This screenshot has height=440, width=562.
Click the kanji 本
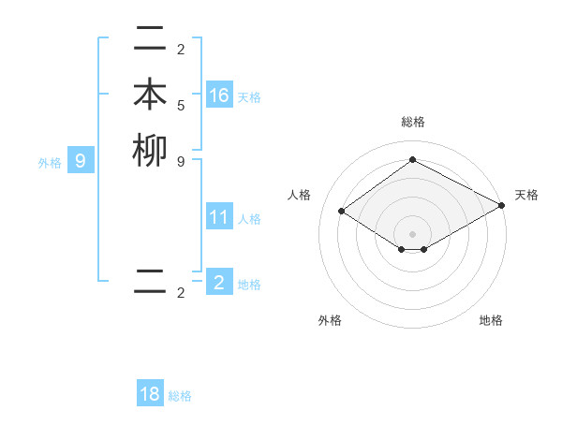click(150, 95)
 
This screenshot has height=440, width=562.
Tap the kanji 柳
click(150, 152)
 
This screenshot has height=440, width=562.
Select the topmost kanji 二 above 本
click(150, 39)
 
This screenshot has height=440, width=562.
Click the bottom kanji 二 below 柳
click(150, 283)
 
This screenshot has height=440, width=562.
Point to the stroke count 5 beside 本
click(181, 105)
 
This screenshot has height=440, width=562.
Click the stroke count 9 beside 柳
click(181, 161)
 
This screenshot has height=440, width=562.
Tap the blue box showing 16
click(219, 95)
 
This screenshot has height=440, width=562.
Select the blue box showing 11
click(219, 217)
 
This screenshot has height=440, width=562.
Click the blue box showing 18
click(150, 394)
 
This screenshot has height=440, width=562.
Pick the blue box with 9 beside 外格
click(81, 161)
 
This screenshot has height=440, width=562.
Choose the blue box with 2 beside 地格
click(219, 283)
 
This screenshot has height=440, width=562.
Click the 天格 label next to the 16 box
click(249, 97)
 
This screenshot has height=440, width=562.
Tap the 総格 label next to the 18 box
click(180, 396)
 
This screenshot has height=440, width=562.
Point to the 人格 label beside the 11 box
click(249, 219)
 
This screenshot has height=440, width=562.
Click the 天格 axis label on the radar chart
click(526, 195)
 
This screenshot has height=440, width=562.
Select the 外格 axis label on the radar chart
click(330, 320)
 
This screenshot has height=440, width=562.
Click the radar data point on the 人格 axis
click(342, 212)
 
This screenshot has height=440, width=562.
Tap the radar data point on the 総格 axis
click(412, 160)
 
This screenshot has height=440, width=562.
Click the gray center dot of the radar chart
click(412, 233)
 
